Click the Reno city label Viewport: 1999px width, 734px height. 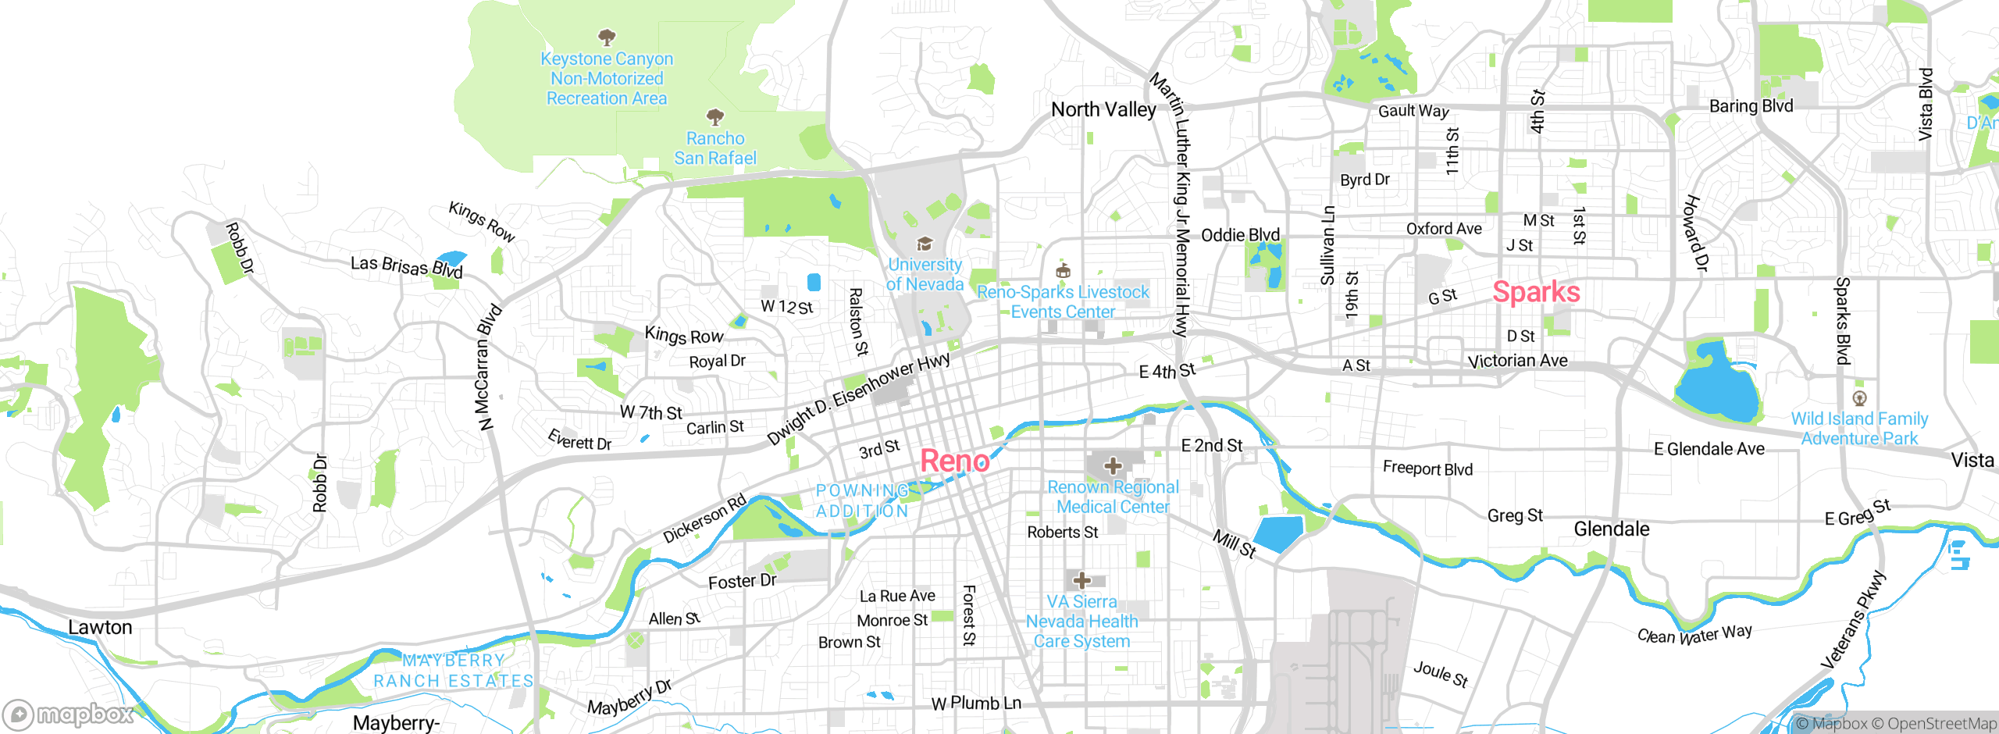tap(954, 461)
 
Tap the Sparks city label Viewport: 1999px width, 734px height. tap(1536, 292)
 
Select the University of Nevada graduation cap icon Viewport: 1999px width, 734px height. tap(925, 244)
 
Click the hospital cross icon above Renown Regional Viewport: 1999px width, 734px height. tap(1113, 467)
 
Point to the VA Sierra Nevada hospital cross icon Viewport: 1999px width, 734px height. tap(1081, 581)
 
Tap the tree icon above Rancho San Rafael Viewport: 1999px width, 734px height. tap(714, 118)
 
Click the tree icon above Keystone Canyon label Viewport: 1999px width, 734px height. tap(607, 37)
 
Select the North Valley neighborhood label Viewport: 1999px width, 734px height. tap(1103, 110)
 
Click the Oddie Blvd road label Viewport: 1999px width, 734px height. tap(1240, 235)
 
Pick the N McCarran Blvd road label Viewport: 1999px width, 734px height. tap(489, 367)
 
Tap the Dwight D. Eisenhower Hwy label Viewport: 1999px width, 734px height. tap(858, 398)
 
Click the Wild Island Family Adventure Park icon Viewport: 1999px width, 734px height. tap(1859, 398)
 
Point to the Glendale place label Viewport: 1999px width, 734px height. tap(1611, 529)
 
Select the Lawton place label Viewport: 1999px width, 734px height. tap(100, 627)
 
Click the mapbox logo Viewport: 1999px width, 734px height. tap(69, 714)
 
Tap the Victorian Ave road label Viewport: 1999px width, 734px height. tap(1517, 361)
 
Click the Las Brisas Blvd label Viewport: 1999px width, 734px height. tap(406, 266)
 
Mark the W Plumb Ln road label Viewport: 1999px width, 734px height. tap(976, 703)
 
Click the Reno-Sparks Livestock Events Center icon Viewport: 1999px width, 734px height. tap(1062, 272)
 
